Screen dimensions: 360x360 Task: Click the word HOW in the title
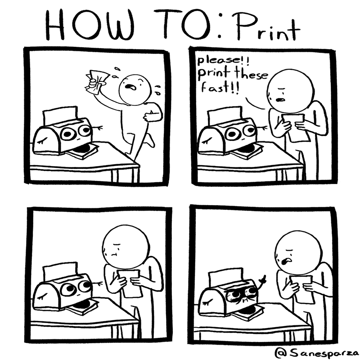[x=90, y=26]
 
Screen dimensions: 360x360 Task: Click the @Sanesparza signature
[x=317, y=353]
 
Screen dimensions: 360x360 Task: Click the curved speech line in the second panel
[x=254, y=104]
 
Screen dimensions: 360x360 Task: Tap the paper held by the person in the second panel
[x=296, y=128]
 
